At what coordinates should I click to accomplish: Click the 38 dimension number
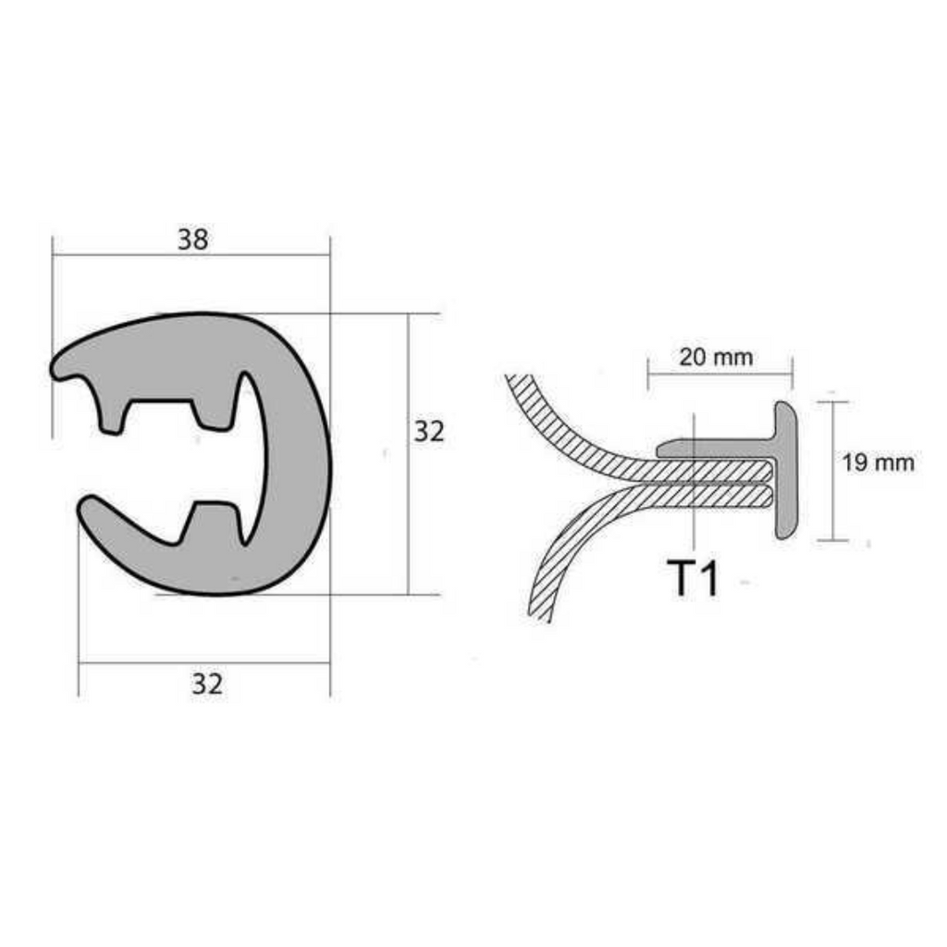click(x=193, y=240)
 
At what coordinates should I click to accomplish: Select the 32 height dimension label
click(x=429, y=431)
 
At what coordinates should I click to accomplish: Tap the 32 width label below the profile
click(x=207, y=683)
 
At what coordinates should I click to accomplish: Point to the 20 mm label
click(x=717, y=357)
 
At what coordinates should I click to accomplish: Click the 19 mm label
click(x=879, y=462)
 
